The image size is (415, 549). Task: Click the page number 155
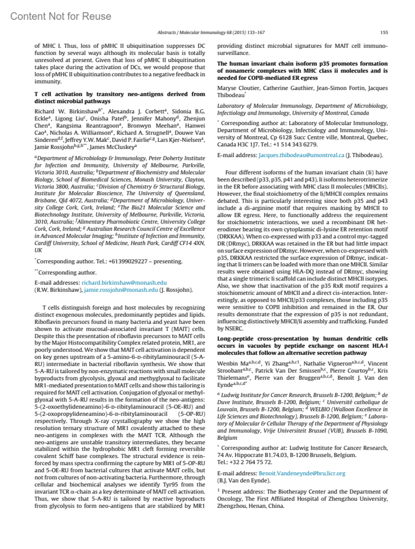pos(384,32)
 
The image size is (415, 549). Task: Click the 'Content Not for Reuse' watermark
pos(61,16)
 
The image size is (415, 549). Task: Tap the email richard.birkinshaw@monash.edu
pos(124,283)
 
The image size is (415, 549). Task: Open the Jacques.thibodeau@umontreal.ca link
pos(301,155)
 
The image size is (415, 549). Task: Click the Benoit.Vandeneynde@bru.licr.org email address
pos(302,473)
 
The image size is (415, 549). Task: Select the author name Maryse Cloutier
pos(238,88)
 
